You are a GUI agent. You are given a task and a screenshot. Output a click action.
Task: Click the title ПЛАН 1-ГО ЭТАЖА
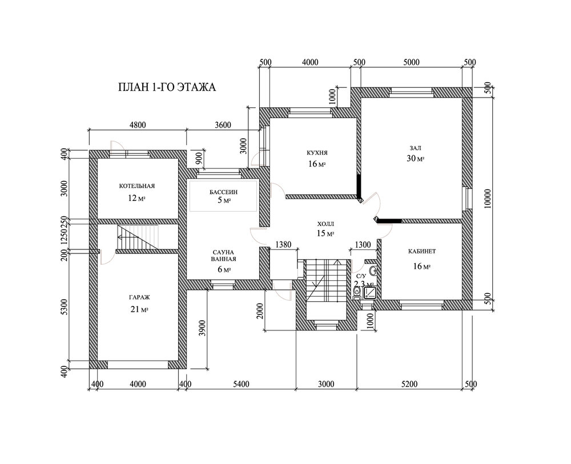click(167, 87)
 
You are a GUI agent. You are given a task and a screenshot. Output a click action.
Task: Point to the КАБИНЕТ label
click(422, 252)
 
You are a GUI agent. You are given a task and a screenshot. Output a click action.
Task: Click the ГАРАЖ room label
click(139, 297)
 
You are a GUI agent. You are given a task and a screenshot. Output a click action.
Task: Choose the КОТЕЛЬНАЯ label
click(137, 186)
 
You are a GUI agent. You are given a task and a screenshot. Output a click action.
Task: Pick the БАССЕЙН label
click(224, 192)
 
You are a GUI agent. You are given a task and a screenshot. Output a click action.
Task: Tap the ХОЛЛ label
click(325, 224)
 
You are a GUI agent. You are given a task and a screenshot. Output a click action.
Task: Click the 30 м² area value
click(416, 158)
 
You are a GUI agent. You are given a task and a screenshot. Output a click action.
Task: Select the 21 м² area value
click(139, 310)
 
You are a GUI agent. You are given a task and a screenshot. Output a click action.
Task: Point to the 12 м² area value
click(137, 199)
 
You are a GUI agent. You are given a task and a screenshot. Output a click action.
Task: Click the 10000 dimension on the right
click(488, 199)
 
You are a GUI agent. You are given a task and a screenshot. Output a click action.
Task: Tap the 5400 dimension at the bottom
click(241, 384)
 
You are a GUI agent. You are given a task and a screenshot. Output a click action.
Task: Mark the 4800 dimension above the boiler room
click(138, 125)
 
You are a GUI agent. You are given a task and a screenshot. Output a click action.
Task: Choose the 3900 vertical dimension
click(203, 329)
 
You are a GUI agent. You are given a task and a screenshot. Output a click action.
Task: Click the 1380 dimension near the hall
click(283, 244)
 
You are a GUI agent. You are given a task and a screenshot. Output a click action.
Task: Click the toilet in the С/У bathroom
click(356, 293)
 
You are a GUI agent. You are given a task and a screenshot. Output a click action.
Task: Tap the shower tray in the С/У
click(369, 293)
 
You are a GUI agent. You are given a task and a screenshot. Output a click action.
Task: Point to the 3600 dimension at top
click(223, 125)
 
